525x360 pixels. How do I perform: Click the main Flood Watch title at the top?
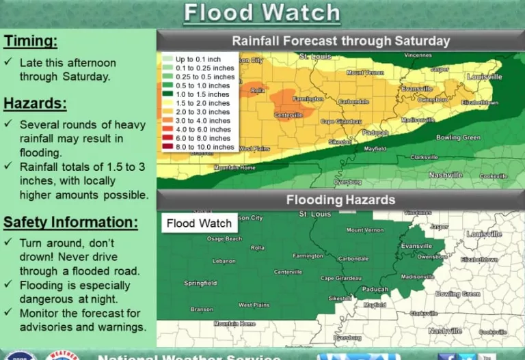click(x=262, y=12)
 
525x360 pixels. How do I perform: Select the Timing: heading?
click(x=30, y=41)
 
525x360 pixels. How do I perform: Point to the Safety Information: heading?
click(x=70, y=222)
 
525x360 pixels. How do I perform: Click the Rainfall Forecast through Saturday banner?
click(x=340, y=40)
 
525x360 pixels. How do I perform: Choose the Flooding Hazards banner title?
click(x=340, y=200)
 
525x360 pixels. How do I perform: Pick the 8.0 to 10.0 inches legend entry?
click(x=204, y=147)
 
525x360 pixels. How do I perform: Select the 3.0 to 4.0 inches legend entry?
click(x=203, y=121)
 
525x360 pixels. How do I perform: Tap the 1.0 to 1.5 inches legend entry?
click(x=203, y=94)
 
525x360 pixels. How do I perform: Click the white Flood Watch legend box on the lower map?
click(x=199, y=223)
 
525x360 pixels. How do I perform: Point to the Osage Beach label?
click(x=224, y=238)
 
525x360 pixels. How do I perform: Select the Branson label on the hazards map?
click(x=202, y=309)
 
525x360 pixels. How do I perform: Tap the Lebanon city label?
click(x=224, y=261)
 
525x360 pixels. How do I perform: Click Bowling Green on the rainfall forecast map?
click(x=457, y=137)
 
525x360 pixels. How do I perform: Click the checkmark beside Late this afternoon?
click(x=8, y=61)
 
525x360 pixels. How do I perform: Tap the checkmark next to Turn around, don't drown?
click(x=8, y=243)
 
